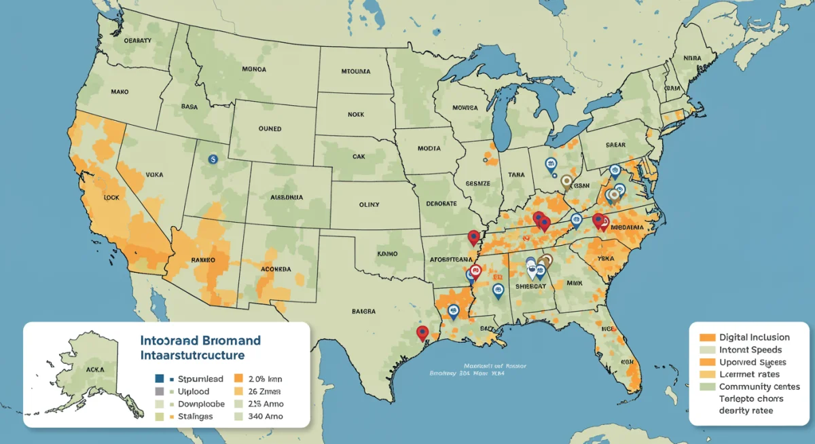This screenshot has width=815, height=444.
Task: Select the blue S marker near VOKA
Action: (213, 158)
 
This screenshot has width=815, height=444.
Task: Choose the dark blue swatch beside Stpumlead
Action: (160, 379)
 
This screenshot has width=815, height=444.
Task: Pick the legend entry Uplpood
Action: (194, 392)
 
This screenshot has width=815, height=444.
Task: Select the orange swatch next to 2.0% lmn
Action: (238, 379)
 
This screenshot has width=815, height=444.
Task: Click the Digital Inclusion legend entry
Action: (754, 337)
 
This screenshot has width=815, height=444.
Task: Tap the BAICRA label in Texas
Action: (363, 312)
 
